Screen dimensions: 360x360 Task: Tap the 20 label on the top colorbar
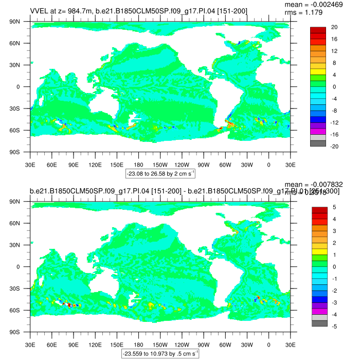(x=334, y=27)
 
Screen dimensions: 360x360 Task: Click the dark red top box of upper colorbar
(x=318, y=30)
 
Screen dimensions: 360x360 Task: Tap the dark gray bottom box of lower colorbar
(x=318, y=323)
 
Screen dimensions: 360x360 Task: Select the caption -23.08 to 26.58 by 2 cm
(x=160, y=173)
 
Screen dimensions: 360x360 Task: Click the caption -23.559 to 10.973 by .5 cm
(x=160, y=353)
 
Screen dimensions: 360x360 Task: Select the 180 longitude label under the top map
(x=138, y=165)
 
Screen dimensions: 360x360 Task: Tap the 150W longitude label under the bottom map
(x=160, y=345)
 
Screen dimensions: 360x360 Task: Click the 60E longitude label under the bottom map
(x=51, y=345)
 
